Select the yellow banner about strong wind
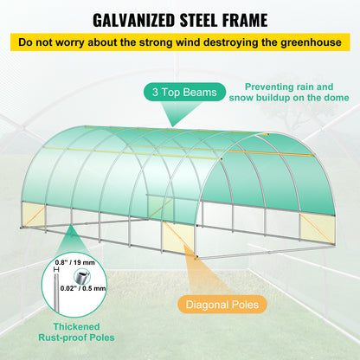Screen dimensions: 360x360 pyautogui.click(x=179, y=42)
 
